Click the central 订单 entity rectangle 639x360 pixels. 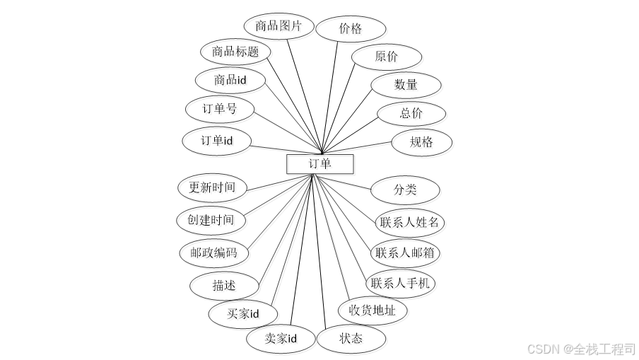[x=319, y=164]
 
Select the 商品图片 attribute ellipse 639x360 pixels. [x=279, y=27]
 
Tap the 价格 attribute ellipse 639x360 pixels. [x=351, y=29]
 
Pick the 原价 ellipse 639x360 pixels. [x=387, y=57]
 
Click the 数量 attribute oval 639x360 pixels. [x=406, y=85]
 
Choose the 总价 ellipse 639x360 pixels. [x=411, y=113]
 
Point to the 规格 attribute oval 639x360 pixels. [x=421, y=142]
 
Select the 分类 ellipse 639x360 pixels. [x=406, y=190]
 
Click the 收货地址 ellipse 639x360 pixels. [x=373, y=310]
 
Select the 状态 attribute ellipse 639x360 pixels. [x=351, y=339]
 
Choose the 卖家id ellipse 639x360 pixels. [x=281, y=339]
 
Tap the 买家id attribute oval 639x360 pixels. [x=243, y=313]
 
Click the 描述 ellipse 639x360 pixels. [x=224, y=286]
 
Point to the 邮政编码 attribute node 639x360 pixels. [x=213, y=252]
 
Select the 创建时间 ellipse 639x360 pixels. [x=211, y=220]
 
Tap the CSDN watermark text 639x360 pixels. [x=581, y=349]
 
